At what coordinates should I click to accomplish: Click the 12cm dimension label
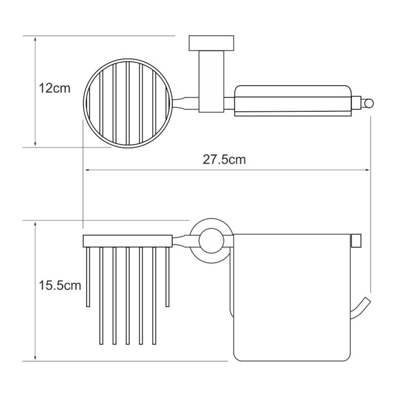point(54,88)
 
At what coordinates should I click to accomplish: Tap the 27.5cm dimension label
point(224,159)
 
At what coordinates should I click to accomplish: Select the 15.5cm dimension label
point(60,285)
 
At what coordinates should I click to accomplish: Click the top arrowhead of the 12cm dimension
point(35,39)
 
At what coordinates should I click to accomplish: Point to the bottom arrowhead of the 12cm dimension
point(35,144)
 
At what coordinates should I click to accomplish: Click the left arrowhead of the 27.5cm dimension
point(87,170)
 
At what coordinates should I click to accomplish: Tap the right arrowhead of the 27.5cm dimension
point(367,170)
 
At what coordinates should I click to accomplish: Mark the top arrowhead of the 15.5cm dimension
point(35,224)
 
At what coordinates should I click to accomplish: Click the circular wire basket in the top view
point(128,103)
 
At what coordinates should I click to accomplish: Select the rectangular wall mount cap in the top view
point(211,43)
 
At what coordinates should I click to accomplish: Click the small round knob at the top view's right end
point(369,104)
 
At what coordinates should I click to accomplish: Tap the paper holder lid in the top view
point(293,101)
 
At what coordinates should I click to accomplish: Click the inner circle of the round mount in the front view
point(211,240)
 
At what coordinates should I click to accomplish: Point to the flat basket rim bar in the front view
point(127,241)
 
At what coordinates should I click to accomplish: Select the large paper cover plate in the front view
point(292,298)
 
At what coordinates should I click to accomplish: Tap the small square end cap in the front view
point(356,240)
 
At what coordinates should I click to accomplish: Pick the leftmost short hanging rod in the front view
point(88,277)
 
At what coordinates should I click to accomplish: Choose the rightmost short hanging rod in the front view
point(167,277)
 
